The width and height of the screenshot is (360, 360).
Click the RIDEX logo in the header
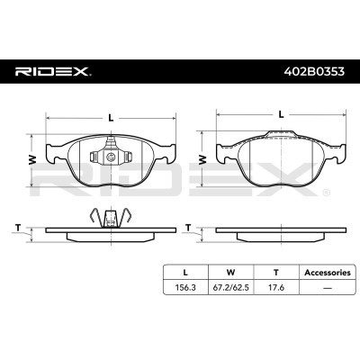click(x=52, y=70)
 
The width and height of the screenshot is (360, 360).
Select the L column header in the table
click(x=185, y=271)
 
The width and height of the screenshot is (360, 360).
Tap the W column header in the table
click(x=230, y=271)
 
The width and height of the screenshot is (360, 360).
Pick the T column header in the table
click(x=275, y=271)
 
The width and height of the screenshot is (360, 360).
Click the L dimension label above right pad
click(x=282, y=115)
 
